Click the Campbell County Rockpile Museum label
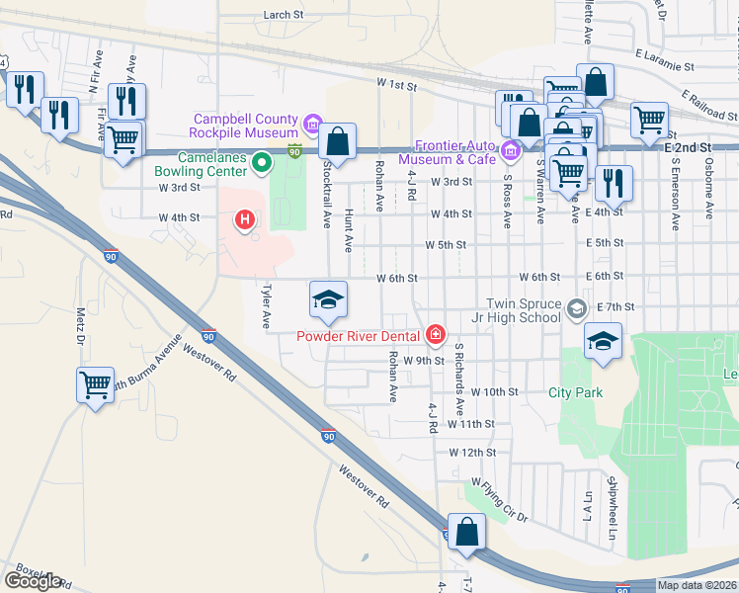[245, 126]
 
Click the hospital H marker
[244, 219]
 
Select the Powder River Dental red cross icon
[435, 337]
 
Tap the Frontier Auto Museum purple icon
[510, 150]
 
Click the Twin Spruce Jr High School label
[523, 310]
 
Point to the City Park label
[575, 392]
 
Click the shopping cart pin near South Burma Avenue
[95, 384]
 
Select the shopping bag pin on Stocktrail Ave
[338, 142]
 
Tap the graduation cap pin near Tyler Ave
[328, 300]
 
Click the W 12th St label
[471, 452]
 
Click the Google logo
[33, 581]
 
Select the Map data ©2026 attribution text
[697, 585]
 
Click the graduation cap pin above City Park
[603, 341]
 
